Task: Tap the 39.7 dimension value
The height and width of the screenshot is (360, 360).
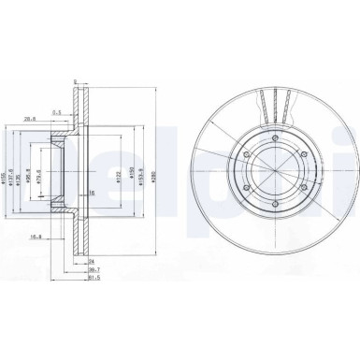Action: [94, 269]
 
